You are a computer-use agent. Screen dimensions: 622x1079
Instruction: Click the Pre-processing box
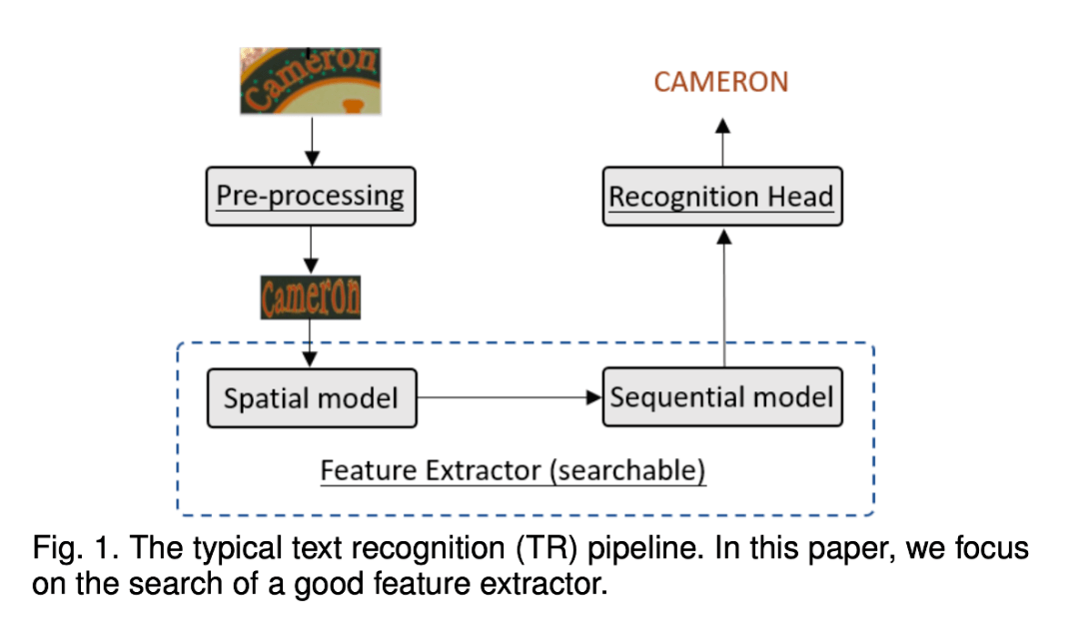coord(311,196)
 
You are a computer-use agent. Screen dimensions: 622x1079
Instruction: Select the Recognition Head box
coord(721,197)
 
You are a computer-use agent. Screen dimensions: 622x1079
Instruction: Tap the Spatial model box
coord(311,398)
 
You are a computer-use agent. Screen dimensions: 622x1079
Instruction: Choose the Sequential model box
coord(721,396)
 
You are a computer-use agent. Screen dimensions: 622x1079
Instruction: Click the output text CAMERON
coord(721,82)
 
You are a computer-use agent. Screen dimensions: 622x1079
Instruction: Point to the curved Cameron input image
coord(311,80)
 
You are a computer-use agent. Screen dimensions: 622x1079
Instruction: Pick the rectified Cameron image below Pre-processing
coord(311,297)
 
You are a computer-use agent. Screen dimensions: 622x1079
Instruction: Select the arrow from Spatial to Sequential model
coord(510,397)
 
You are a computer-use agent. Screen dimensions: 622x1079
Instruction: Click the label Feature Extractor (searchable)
coord(513,470)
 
